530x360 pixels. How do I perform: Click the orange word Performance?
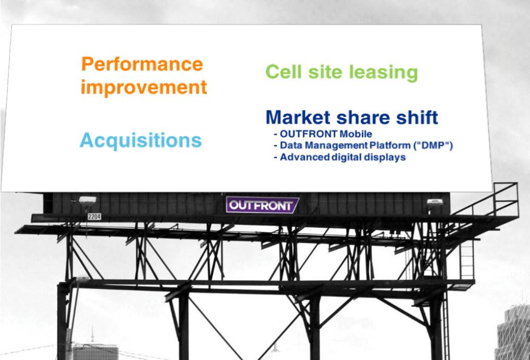point(142,64)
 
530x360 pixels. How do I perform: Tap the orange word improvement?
point(144,87)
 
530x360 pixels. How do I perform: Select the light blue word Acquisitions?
point(141,140)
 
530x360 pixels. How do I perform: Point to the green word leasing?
point(383,73)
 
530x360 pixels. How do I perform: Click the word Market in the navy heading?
point(298,117)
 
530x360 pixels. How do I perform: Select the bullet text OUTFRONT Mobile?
point(326,134)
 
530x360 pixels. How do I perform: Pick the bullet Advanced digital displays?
point(343,157)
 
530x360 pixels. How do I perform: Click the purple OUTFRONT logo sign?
point(262,205)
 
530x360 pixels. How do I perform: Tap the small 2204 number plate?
point(94,217)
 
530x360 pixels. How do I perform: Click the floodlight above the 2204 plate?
point(88,200)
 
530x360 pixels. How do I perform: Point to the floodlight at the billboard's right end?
point(435,202)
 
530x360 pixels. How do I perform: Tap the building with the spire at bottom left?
point(95,351)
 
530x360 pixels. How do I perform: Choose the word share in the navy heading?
point(363,117)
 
